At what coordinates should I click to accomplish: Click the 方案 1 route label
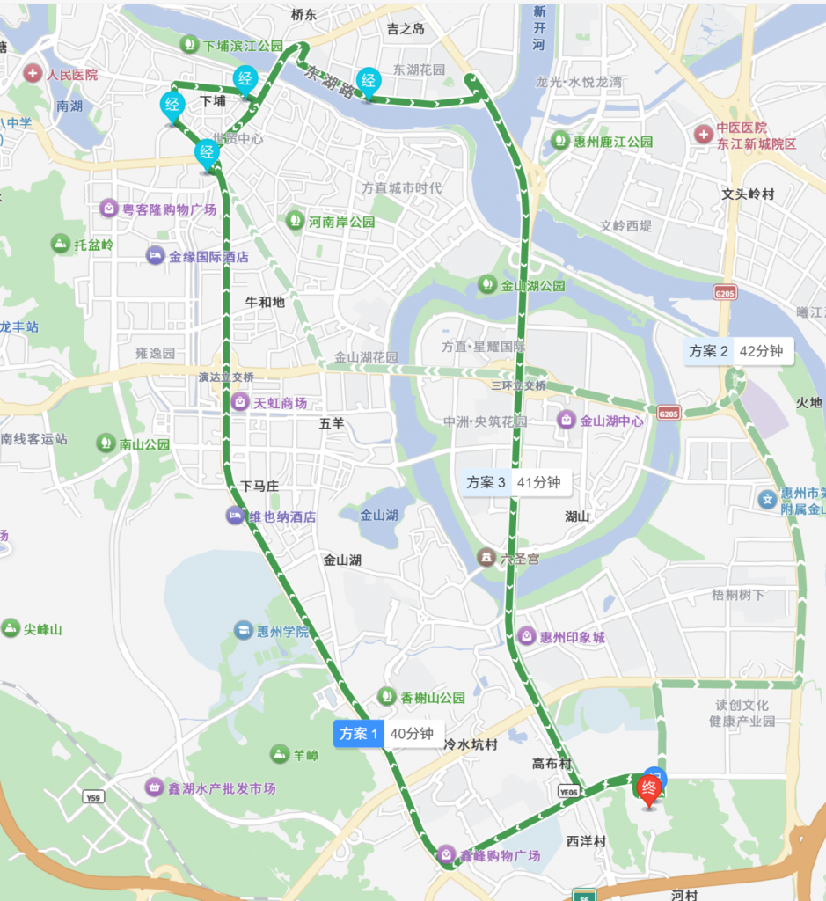387,733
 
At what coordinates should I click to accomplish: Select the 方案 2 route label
738,350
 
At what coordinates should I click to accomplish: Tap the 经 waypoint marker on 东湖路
369,83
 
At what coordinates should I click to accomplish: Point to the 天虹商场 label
271,403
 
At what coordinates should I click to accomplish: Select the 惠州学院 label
273,631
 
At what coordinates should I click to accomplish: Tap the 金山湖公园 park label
523,286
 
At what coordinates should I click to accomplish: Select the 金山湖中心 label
603,421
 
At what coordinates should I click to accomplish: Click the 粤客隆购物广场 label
159,209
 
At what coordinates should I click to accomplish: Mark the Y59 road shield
93,798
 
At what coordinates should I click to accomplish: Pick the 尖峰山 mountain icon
11,628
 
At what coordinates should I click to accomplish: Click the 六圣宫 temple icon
486,558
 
